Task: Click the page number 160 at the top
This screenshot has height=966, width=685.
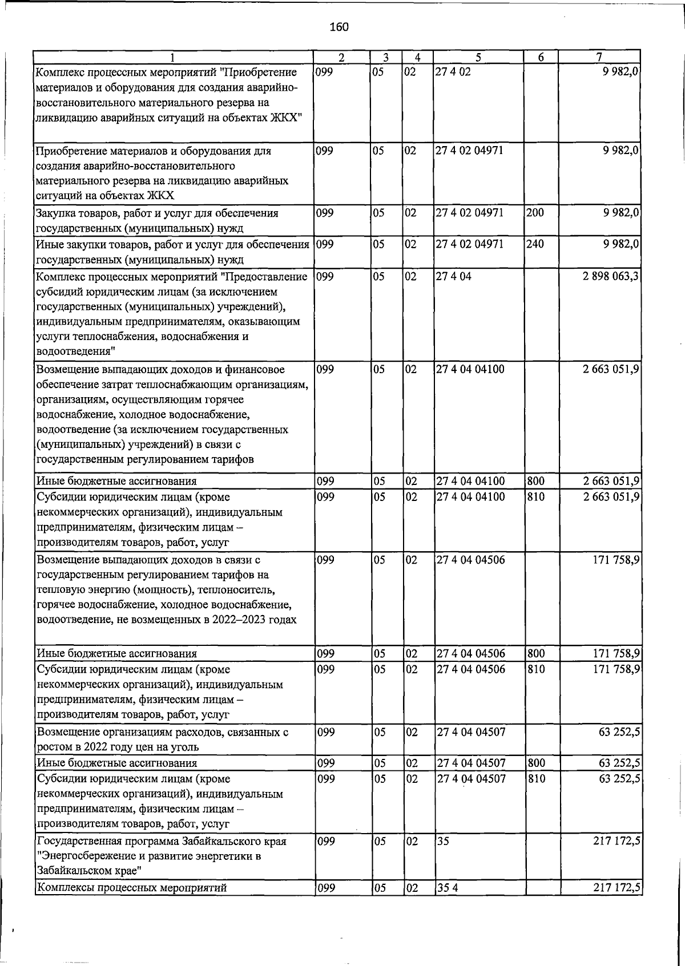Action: [x=339, y=27]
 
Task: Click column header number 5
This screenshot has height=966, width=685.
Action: [x=478, y=57]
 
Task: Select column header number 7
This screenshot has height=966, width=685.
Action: [x=599, y=57]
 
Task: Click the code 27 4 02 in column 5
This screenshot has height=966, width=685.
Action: [x=453, y=72]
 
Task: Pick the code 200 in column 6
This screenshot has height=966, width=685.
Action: [x=535, y=213]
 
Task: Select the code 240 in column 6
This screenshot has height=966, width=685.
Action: [x=535, y=245]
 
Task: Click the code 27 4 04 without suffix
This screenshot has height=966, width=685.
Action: [x=453, y=277]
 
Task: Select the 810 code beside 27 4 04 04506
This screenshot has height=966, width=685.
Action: [x=535, y=669]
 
